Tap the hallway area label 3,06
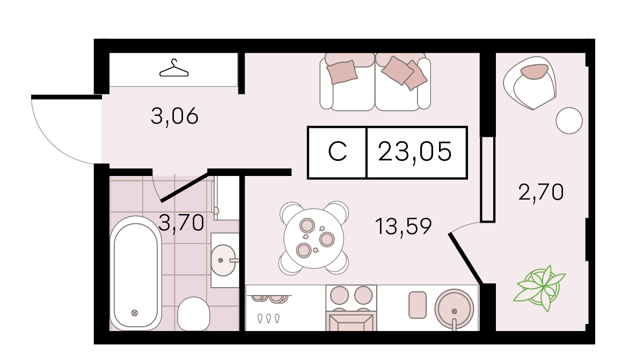pyautogui.click(x=174, y=116)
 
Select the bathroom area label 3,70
pyautogui.click(x=181, y=223)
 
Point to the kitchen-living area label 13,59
pyautogui.click(x=403, y=226)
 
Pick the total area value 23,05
pyautogui.click(x=415, y=151)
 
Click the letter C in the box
pyautogui.click(x=338, y=152)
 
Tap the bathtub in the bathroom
pyautogui.click(x=136, y=274)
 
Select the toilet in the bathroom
pyautogui.click(x=193, y=313)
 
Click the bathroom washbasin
pyautogui.click(x=223, y=261)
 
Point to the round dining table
pyautogui.click(x=314, y=238)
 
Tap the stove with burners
pyautogui.click(x=351, y=307)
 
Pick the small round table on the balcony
pyautogui.click(x=569, y=120)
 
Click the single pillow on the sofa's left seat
pyautogui.click(x=342, y=72)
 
